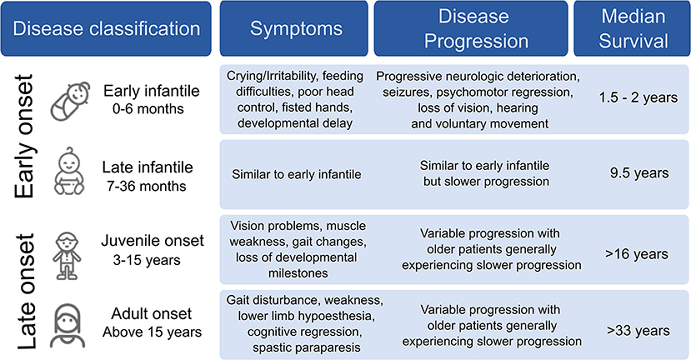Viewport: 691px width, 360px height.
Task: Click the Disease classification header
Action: [x=106, y=28]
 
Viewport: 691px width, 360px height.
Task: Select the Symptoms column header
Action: [x=294, y=28]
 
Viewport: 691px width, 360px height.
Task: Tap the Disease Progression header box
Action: [x=471, y=28]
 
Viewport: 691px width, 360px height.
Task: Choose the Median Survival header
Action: [x=632, y=28]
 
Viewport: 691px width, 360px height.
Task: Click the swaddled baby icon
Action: [x=70, y=102]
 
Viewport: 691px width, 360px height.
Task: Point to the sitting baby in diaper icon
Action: [x=69, y=172]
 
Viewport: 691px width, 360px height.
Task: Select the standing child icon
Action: [x=67, y=256]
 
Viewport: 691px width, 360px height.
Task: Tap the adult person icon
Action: [x=68, y=325]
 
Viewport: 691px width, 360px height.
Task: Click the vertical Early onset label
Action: [x=24, y=137]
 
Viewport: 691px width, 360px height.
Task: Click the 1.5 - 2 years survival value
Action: [x=638, y=97]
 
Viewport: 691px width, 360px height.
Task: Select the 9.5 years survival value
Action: [x=639, y=172]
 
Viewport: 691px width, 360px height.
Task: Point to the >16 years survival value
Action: [x=637, y=254]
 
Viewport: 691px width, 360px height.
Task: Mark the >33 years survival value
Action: [x=638, y=331]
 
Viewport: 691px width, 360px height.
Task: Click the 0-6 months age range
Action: [x=148, y=108]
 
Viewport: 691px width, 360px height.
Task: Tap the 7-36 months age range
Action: [x=147, y=186]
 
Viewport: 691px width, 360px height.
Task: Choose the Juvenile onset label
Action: [x=153, y=241]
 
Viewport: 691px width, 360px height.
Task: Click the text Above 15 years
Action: [x=152, y=332]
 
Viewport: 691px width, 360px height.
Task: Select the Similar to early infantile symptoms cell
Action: [x=297, y=174]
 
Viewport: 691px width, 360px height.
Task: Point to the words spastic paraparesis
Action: [x=306, y=347]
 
